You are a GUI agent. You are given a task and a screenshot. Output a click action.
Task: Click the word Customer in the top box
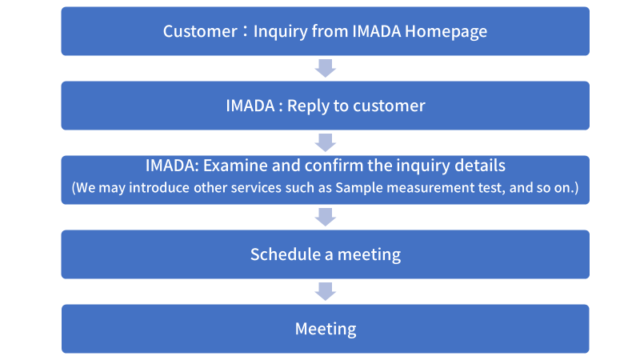pyautogui.click(x=200, y=31)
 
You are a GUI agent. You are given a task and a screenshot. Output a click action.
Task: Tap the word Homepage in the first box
pyautogui.click(x=446, y=32)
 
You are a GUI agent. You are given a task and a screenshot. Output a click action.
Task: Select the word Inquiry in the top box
pyautogui.click(x=281, y=32)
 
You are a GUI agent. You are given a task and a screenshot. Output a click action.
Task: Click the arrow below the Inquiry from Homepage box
pyautogui.click(x=326, y=68)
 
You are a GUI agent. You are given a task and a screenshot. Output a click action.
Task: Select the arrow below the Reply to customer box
pyautogui.click(x=326, y=142)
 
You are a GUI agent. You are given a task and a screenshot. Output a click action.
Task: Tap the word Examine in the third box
pyautogui.click(x=235, y=166)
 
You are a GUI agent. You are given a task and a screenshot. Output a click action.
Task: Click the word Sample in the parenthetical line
pyautogui.click(x=358, y=188)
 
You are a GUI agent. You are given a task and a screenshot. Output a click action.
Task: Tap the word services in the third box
pyautogui.click(x=256, y=188)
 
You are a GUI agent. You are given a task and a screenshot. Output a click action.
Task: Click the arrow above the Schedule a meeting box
pyautogui.click(x=326, y=217)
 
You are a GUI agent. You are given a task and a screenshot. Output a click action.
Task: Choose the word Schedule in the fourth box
pyautogui.click(x=286, y=254)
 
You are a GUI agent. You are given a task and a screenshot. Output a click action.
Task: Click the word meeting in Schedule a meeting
pyautogui.click(x=369, y=255)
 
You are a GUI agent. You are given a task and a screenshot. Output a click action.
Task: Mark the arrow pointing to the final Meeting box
pyautogui.click(x=326, y=291)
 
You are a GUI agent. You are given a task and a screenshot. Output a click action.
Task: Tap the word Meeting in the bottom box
pyautogui.click(x=326, y=330)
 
